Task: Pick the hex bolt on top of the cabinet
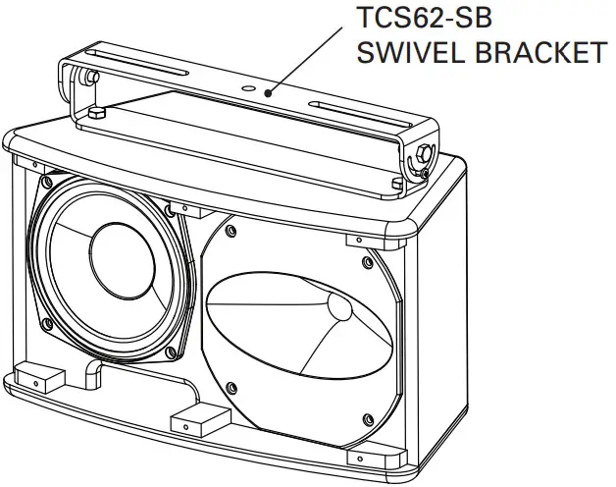click(95, 114)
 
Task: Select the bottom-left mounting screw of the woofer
click(44, 321)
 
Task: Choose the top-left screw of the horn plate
click(230, 231)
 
